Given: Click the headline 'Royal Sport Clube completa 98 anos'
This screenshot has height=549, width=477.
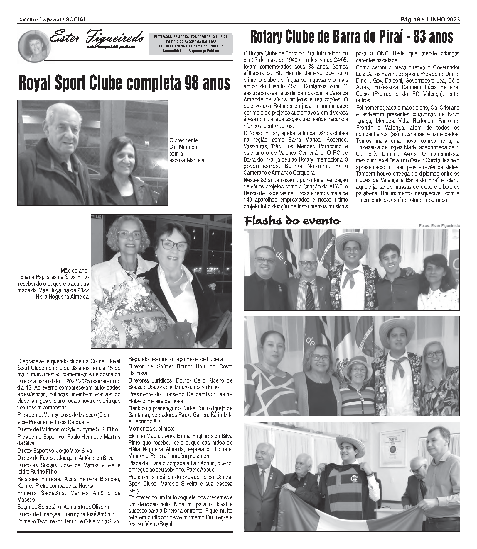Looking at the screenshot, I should [x=124, y=83].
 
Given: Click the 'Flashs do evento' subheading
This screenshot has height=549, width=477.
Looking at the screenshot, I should [x=292, y=221].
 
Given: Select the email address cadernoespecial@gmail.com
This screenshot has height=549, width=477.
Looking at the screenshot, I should [x=112, y=47].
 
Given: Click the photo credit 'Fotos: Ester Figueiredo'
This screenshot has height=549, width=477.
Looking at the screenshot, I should [x=439, y=225].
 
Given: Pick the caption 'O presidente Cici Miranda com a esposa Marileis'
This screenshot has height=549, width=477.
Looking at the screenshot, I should [x=186, y=150].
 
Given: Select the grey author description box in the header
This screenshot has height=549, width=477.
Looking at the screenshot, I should [x=191, y=43].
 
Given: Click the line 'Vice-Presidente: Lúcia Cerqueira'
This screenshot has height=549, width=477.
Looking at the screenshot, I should [x=54, y=422].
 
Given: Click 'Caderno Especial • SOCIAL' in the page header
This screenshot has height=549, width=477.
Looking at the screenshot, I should [x=52, y=19].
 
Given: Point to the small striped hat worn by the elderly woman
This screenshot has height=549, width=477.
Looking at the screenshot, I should [x=356, y=361].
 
